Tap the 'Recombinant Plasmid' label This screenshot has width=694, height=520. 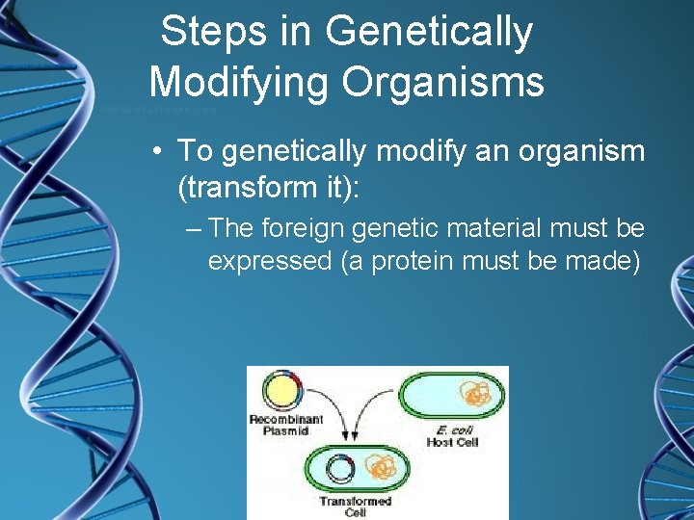(279, 425)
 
